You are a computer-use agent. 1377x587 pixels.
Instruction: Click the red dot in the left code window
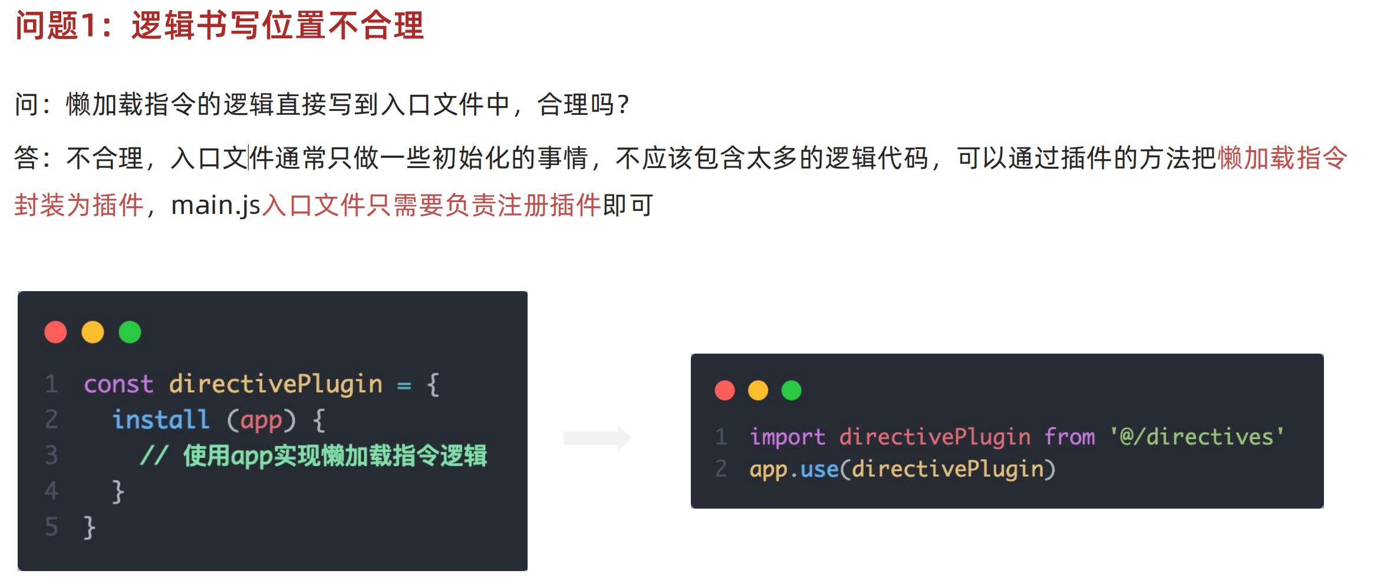click(x=55, y=332)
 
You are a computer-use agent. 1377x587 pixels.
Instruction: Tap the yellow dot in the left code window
click(x=93, y=332)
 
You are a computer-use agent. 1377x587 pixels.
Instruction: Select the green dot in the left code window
click(x=130, y=332)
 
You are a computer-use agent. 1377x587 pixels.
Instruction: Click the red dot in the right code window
click(x=724, y=390)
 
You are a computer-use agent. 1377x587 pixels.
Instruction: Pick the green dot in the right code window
click(x=791, y=390)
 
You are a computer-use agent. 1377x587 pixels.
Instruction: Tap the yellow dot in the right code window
click(x=758, y=390)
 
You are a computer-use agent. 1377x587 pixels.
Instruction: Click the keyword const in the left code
click(x=118, y=384)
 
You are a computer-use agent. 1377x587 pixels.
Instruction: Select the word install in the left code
click(x=160, y=420)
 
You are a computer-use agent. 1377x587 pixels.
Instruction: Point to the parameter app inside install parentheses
click(x=261, y=421)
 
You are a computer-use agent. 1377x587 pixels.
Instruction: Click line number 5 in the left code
click(x=52, y=526)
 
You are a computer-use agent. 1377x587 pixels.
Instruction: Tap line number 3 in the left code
click(x=52, y=455)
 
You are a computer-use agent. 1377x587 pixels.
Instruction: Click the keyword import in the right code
click(x=787, y=437)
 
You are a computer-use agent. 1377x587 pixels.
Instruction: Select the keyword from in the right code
click(x=1069, y=437)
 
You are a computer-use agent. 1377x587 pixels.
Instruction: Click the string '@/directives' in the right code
click(x=1197, y=437)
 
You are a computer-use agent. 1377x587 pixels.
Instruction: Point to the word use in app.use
click(x=819, y=469)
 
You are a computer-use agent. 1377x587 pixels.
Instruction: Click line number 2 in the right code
click(x=721, y=469)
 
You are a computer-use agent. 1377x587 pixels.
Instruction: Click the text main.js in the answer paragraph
click(x=215, y=205)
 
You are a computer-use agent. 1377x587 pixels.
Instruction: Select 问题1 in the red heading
click(x=56, y=26)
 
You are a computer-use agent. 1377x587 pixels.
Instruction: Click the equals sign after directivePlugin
click(x=404, y=385)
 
